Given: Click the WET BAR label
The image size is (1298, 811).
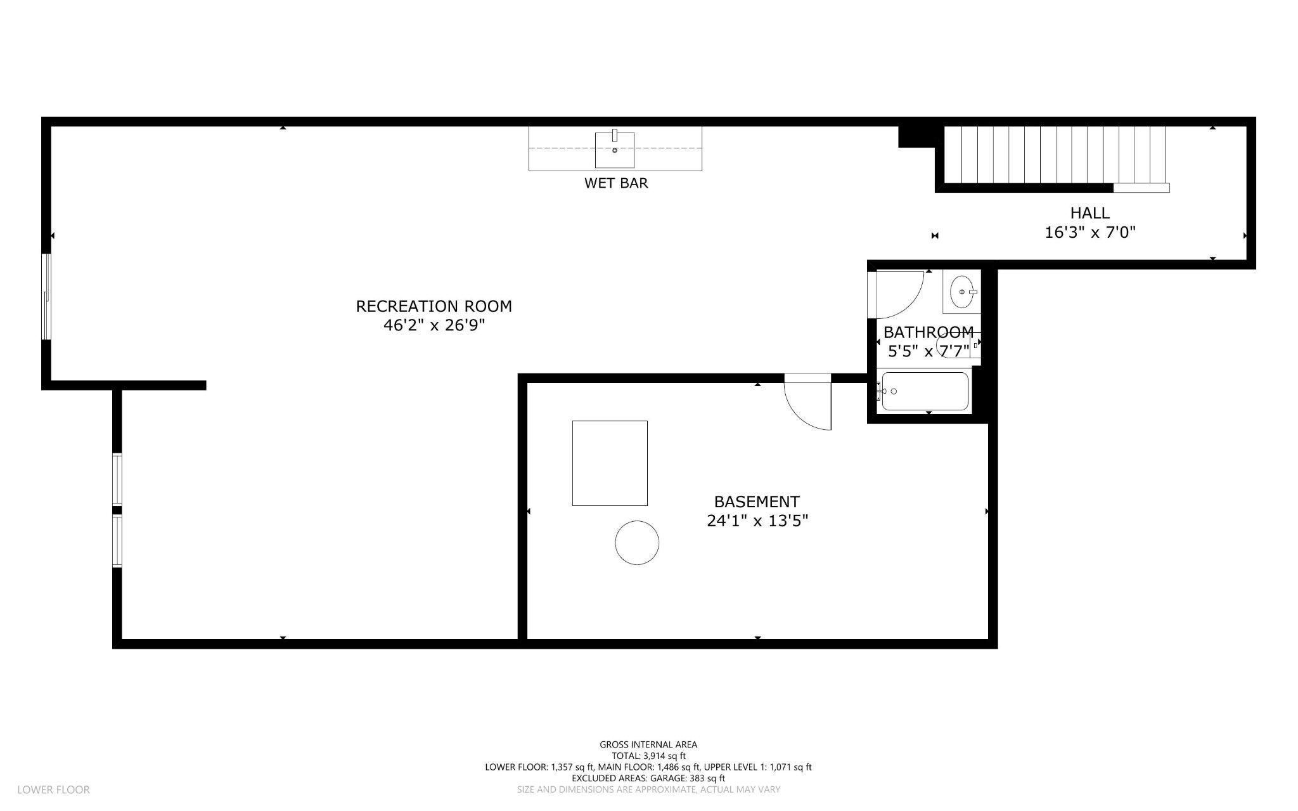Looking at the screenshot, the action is [x=616, y=183].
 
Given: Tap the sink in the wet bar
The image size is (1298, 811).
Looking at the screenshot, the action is [x=615, y=150].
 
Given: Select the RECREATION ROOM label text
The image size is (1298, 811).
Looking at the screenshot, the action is [x=434, y=306].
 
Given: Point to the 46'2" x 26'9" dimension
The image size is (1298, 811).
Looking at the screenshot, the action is [x=434, y=325].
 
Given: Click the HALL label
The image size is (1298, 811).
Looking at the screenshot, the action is [x=1090, y=213].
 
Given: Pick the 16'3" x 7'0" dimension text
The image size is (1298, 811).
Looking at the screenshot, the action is [x=1090, y=233].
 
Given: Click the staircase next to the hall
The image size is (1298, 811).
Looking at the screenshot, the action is [x=1055, y=155].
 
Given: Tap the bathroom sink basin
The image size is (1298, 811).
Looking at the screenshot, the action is [x=962, y=292].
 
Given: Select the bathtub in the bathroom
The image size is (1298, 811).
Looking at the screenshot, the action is [x=925, y=391].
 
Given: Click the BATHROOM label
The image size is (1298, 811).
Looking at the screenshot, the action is [x=929, y=332].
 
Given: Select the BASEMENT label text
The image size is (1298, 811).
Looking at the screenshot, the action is [x=757, y=502].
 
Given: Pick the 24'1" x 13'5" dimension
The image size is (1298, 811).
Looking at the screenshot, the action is [x=757, y=521].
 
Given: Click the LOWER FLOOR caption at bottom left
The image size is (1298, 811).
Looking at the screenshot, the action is [x=54, y=790].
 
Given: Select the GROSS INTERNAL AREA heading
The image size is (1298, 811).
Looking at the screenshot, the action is [x=648, y=744].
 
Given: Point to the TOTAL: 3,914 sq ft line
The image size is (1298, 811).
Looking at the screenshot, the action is [x=648, y=756].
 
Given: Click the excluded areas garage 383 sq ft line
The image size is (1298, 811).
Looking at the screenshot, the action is [x=648, y=778].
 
